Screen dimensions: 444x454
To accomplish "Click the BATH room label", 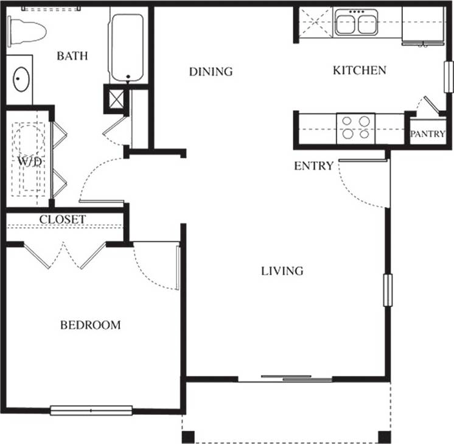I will [x=72, y=57].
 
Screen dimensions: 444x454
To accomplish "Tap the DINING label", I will [x=211, y=72].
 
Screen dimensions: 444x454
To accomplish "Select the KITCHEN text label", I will [x=359, y=71].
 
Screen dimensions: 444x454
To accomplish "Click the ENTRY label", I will [x=313, y=166].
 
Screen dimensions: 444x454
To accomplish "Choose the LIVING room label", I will [x=282, y=271].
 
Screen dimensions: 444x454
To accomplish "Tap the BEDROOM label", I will [x=90, y=325].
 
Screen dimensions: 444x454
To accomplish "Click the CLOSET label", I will [x=63, y=219].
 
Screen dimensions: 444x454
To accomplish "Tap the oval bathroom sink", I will [x=21, y=80].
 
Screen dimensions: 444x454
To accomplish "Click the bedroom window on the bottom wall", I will [x=91, y=411].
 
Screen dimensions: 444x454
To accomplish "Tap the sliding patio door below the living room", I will [x=296, y=379].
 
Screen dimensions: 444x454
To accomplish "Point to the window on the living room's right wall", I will [x=386, y=290].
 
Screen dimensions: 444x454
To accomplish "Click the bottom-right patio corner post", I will [x=383, y=436].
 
